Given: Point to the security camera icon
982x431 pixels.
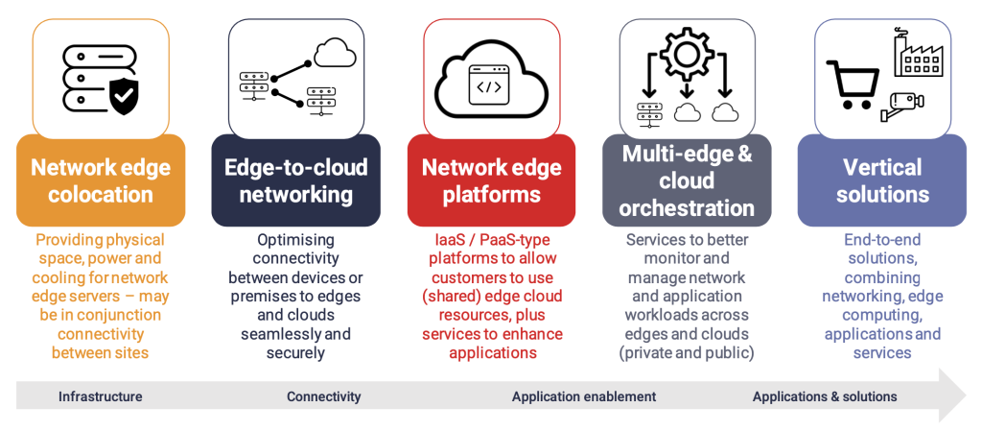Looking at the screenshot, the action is (x=902, y=105).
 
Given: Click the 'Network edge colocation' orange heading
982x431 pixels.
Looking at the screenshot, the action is (x=100, y=180).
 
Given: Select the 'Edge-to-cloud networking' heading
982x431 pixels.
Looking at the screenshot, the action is (x=295, y=180).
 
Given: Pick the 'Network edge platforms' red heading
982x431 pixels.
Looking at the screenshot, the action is (x=492, y=180).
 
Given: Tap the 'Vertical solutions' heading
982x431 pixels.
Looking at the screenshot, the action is (x=882, y=180).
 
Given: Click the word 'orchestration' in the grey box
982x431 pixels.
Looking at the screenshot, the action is (x=687, y=207).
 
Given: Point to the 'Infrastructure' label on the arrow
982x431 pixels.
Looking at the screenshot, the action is (x=100, y=396).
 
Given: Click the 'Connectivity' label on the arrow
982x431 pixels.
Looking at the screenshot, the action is (x=324, y=396).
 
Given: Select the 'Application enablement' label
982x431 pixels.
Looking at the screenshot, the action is (x=584, y=396).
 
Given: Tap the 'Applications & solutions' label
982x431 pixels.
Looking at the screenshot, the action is (x=825, y=396).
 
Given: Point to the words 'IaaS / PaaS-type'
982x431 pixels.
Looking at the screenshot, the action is (x=492, y=240).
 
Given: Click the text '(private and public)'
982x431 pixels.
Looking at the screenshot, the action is (x=687, y=352).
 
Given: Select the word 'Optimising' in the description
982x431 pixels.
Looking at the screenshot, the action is (x=295, y=240).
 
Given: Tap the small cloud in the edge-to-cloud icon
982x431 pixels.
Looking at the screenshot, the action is (x=335, y=53).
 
